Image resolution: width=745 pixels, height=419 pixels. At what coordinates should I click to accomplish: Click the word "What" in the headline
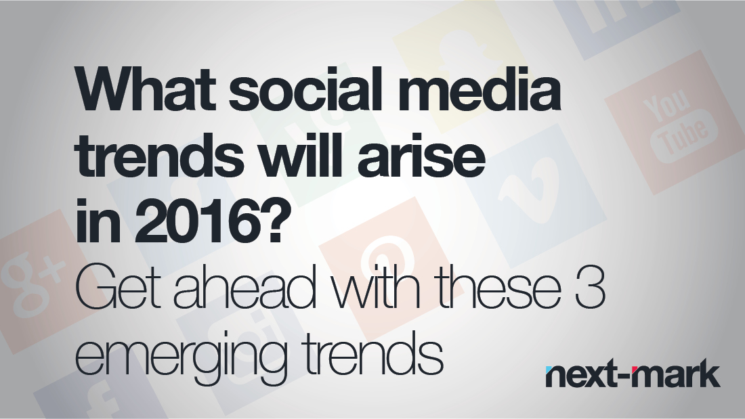coord(148,89)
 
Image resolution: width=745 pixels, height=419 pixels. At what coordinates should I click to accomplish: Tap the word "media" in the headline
coord(479,89)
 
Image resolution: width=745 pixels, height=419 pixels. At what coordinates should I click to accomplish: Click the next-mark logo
coord(633,374)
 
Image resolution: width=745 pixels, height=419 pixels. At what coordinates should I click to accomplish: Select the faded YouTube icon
coord(675,123)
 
